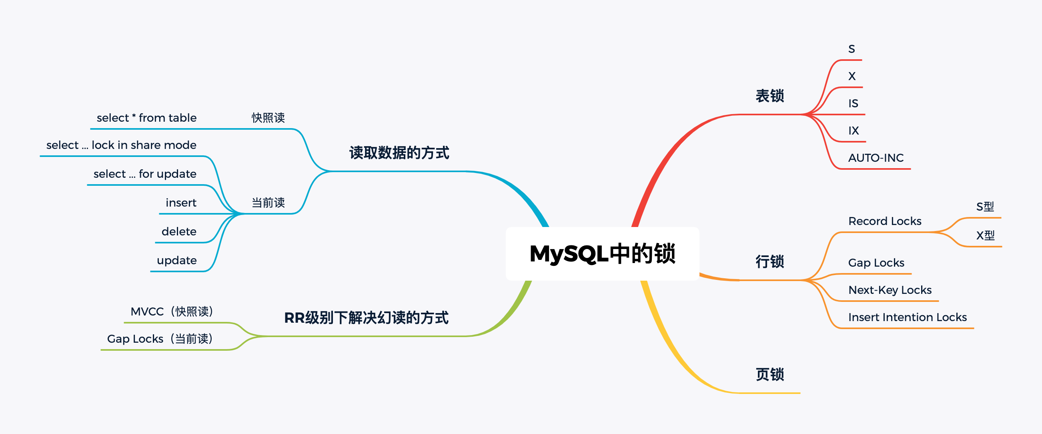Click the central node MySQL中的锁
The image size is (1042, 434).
602,254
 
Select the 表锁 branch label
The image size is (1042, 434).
770,96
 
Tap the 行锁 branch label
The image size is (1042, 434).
770,261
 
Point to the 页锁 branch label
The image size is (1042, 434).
770,374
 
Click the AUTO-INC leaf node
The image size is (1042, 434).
876,158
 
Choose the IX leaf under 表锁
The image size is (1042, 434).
854,131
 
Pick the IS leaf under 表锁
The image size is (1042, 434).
853,103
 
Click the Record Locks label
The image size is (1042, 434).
885,221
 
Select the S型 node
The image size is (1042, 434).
985,207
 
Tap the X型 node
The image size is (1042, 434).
985,235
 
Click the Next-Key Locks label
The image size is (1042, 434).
890,290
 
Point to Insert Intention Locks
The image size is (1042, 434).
907,317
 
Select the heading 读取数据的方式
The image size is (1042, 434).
399,153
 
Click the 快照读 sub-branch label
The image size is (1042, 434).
268,118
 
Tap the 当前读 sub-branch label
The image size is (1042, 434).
268,203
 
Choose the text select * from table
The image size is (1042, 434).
146,118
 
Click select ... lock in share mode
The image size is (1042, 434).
121,145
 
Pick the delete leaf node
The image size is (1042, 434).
179,231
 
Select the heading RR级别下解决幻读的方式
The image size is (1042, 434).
366,318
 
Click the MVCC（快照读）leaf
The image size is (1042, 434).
172,311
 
